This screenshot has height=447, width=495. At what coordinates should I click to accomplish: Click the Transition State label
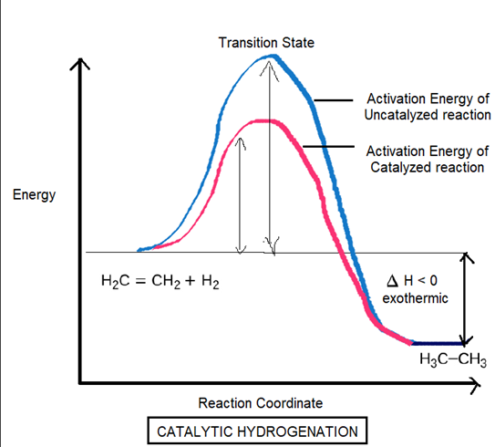266,43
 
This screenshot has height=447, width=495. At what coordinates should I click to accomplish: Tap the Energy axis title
34,195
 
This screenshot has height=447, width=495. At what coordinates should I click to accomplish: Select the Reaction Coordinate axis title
261,403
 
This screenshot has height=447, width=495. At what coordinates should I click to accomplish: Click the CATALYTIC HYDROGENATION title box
257,431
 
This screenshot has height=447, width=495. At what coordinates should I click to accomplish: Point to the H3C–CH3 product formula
453,359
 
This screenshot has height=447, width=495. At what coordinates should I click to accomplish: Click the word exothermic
415,298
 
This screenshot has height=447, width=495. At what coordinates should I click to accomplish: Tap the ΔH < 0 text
412,281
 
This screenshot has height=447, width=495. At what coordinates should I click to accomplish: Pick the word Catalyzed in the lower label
398,168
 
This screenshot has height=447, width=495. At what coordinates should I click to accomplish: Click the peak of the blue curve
273,57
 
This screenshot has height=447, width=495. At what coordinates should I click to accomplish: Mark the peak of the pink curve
263,120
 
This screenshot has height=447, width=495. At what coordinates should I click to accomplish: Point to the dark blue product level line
438,343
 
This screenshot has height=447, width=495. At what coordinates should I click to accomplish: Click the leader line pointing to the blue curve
334,100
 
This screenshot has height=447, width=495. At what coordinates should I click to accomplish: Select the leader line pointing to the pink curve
328,147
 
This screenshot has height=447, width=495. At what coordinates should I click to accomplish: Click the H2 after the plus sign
211,281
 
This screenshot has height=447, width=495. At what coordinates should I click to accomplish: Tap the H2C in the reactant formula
115,281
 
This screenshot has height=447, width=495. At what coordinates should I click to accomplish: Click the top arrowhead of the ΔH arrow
465,257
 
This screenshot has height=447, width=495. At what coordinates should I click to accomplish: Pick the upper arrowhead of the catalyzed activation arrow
241,143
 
